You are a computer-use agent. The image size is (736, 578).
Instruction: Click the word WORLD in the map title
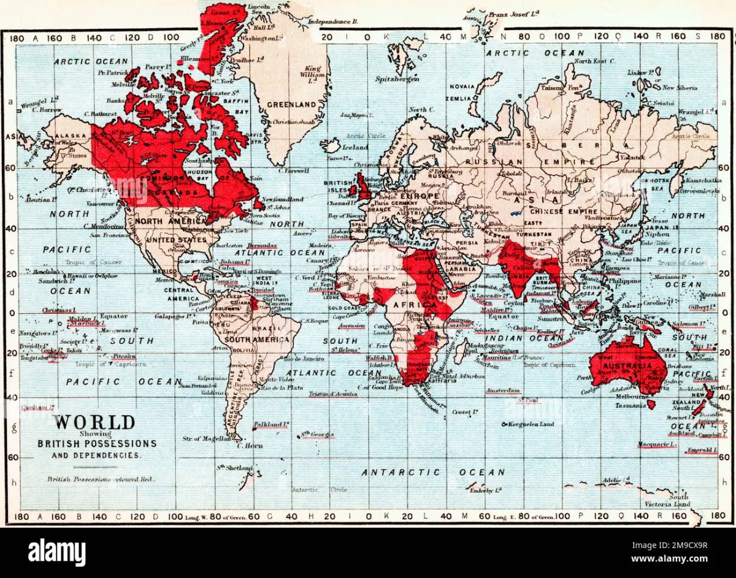coord(94,422)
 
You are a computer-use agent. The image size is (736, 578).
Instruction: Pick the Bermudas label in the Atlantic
coord(258,245)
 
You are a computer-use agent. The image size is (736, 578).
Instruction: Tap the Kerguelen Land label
coord(531,424)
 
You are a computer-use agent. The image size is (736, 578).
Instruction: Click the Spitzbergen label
coord(397,79)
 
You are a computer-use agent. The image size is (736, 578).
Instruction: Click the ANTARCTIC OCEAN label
coord(433,472)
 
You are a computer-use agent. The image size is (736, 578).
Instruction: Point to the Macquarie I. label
coord(656,444)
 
